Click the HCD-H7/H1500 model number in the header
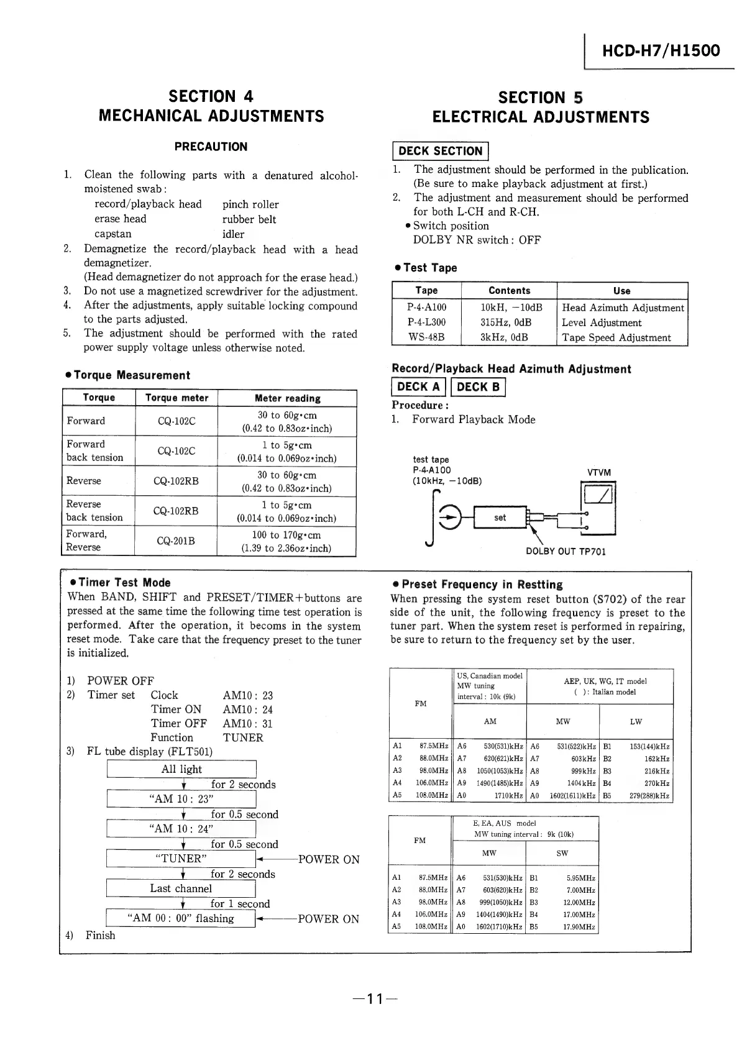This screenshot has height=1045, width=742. point(661,50)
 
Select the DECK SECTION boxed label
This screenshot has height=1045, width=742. point(440,151)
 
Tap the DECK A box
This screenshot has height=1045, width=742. point(418,387)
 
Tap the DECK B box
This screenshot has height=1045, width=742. point(478,387)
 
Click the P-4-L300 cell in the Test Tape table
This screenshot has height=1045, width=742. point(426,322)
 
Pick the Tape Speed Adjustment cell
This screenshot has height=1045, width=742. point(616,338)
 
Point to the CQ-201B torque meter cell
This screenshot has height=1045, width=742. point(176,541)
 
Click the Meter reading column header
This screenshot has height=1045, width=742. point(287,398)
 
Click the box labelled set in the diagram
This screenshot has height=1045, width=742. point(500,518)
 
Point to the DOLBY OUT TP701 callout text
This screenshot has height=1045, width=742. point(566,552)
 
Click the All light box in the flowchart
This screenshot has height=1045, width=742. point(181,769)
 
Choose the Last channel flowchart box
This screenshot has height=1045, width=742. point(181,888)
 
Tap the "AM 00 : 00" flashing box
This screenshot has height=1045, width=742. point(181,918)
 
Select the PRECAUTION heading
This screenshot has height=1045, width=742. point(211,147)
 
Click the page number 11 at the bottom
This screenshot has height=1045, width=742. point(373,999)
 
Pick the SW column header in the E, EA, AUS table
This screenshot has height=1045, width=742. point(562,854)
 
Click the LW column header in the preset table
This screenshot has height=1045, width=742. point(636,722)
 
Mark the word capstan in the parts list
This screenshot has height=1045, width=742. point(113,234)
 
